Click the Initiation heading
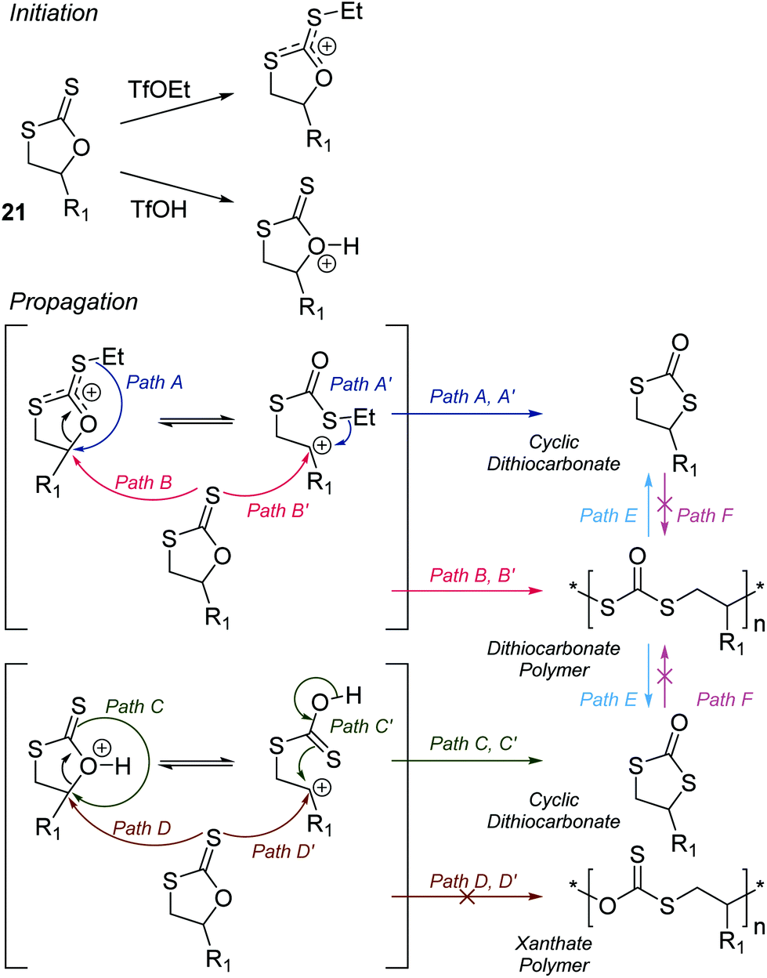click(x=54, y=13)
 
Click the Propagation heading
click(x=74, y=302)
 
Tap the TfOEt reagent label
click(x=159, y=89)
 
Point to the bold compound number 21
click(x=13, y=212)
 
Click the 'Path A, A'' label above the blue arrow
click(x=472, y=397)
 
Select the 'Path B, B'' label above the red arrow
click(x=472, y=575)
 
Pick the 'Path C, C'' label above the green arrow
click(x=473, y=743)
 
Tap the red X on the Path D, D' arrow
click(x=466, y=896)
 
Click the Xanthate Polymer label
click(x=554, y=954)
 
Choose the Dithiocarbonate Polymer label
click(x=553, y=659)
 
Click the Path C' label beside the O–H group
click(x=361, y=726)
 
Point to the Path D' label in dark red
click(x=283, y=851)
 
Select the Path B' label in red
click(x=278, y=511)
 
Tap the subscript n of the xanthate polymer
click(x=758, y=928)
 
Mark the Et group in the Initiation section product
click(x=350, y=13)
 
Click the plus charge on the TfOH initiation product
click(x=327, y=263)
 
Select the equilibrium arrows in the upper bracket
click(x=197, y=421)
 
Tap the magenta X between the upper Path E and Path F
click(x=664, y=504)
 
